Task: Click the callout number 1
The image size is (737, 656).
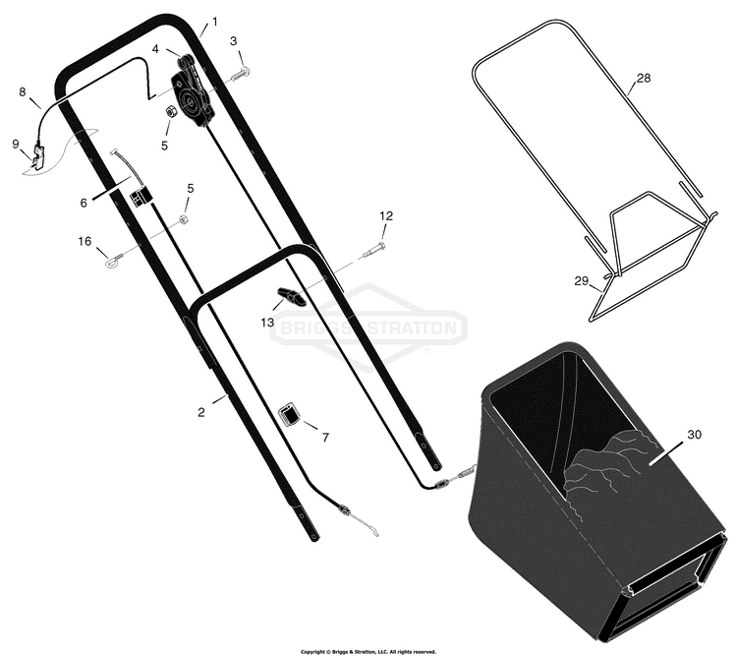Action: pos(215,22)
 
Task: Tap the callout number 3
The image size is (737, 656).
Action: pos(234,41)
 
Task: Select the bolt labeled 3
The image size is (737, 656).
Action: pos(241,74)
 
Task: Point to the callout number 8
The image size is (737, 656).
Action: pos(23,91)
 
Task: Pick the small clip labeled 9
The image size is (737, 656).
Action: pos(37,155)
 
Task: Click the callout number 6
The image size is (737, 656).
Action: pos(84,203)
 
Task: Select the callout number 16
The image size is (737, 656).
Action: pos(85,241)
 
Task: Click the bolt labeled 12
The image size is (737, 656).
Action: pos(374,250)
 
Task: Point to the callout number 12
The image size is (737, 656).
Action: pos(386,216)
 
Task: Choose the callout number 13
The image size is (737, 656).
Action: pos(267,323)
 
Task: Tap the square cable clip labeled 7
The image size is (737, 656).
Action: pos(290,415)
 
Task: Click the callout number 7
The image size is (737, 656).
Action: pos(325,438)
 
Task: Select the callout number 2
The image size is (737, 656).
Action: pos(201,412)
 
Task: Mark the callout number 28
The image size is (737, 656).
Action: pos(644,78)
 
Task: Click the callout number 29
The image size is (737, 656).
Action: pos(582,281)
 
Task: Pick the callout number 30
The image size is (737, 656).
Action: pos(694,435)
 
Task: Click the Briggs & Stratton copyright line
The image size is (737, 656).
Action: pos(368,652)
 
